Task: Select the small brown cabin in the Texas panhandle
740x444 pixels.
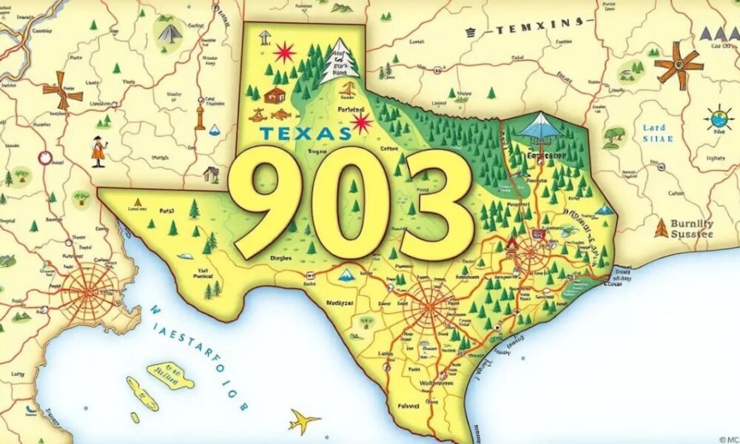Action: tap(275, 94)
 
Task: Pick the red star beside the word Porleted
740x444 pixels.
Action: tap(362, 121)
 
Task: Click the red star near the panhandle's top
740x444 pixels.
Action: tap(284, 53)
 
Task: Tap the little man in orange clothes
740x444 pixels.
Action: tap(98, 152)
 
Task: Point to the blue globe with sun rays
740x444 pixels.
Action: tap(718, 118)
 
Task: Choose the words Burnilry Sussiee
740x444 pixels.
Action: tap(691, 228)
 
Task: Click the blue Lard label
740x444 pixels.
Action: tap(654, 127)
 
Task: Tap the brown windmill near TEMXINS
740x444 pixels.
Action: tap(679, 65)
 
